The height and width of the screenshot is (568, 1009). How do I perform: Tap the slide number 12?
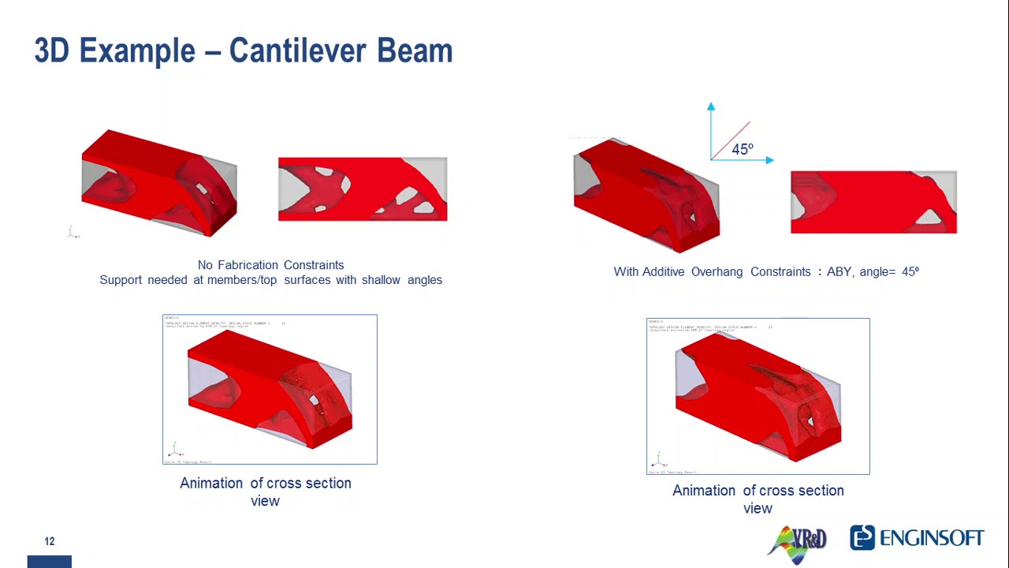pyautogui.click(x=50, y=541)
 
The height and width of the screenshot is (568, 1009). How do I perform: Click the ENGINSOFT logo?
pyautogui.click(x=917, y=538)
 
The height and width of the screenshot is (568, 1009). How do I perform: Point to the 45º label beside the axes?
pyautogui.click(x=743, y=149)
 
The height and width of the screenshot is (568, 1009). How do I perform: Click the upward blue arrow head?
pyautogui.click(x=711, y=106)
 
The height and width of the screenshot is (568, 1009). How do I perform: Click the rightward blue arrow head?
pyautogui.click(x=769, y=160)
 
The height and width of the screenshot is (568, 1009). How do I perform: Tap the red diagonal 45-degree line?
pyautogui.click(x=731, y=140)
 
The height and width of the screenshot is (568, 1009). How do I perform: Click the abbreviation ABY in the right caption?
pyautogui.click(x=839, y=272)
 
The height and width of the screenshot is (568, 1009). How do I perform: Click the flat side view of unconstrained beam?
pyautogui.click(x=363, y=189)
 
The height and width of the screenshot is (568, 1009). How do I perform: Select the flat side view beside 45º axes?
pyautogui.click(x=873, y=203)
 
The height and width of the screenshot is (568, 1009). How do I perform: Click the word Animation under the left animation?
pyautogui.click(x=211, y=484)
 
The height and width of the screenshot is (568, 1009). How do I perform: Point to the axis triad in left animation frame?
pyautogui.click(x=174, y=451)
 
